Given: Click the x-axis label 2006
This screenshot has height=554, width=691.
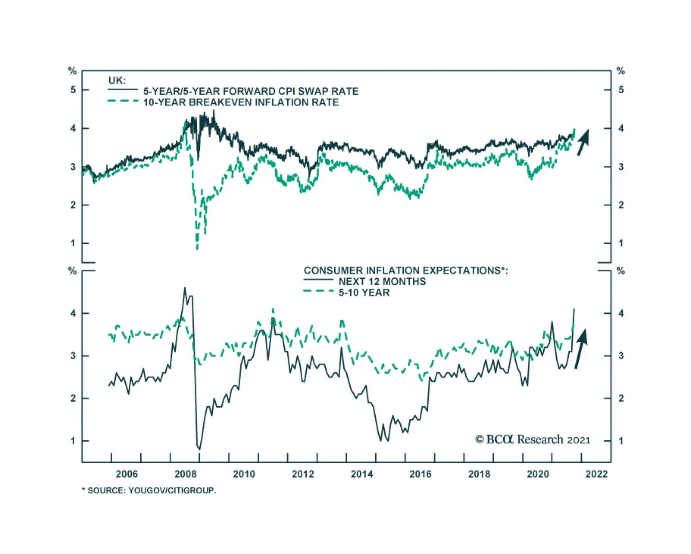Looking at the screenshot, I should pyautogui.click(x=127, y=474).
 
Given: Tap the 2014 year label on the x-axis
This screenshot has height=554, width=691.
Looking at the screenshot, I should pyautogui.click(x=361, y=474).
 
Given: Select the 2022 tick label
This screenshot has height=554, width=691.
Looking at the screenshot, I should pyautogui.click(x=596, y=474).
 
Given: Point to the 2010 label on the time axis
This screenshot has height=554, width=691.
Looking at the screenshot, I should pyautogui.click(x=244, y=474).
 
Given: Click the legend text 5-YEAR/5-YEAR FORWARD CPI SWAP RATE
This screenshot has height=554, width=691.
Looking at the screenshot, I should pyautogui.click(x=250, y=91).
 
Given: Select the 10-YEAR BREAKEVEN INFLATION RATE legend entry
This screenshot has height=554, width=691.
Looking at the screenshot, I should pyautogui.click(x=241, y=102).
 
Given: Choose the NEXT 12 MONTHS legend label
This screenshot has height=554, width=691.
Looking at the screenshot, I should pyautogui.click(x=382, y=281).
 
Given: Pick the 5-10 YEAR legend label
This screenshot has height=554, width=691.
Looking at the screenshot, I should pyautogui.click(x=364, y=293).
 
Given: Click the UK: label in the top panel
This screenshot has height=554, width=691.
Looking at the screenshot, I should pyautogui.click(x=117, y=80).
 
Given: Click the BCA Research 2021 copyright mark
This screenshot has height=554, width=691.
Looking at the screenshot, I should pyautogui.click(x=533, y=439).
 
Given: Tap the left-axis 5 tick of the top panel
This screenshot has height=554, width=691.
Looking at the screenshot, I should pyautogui.click(x=73, y=90).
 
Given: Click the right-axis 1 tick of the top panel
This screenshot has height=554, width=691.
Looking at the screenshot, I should pyautogui.click(x=621, y=243).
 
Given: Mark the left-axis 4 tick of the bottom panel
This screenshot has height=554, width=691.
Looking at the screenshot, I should pyautogui.click(x=73, y=313).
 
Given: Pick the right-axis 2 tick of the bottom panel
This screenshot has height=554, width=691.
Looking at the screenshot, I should pyautogui.click(x=621, y=398).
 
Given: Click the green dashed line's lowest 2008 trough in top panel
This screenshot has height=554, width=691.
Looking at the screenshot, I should pyautogui.click(x=197, y=248).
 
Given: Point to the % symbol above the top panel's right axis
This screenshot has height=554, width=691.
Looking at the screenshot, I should pyautogui.click(x=621, y=71).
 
